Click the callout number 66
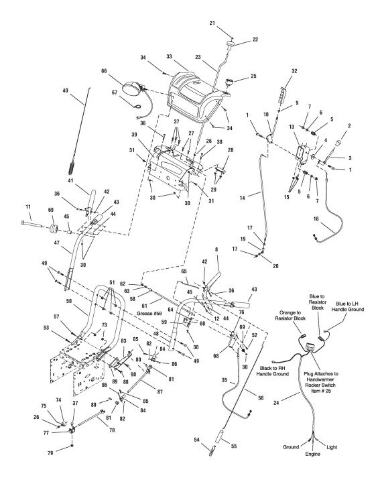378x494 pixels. [105, 71]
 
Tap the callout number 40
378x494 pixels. [66, 90]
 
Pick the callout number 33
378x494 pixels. [169, 56]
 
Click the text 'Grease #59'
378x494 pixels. [149, 314]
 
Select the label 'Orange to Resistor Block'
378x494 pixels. [290, 315]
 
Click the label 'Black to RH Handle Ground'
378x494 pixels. [272, 371]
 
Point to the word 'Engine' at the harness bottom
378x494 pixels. [312, 454]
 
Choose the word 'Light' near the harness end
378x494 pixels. [332, 447]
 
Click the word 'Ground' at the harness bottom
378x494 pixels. [291, 447]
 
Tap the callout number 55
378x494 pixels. [233, 446]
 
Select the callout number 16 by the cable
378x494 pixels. [316, 219]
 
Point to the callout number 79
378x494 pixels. [50, 452]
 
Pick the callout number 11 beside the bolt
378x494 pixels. [28, 207]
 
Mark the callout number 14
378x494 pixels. [242, 198]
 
